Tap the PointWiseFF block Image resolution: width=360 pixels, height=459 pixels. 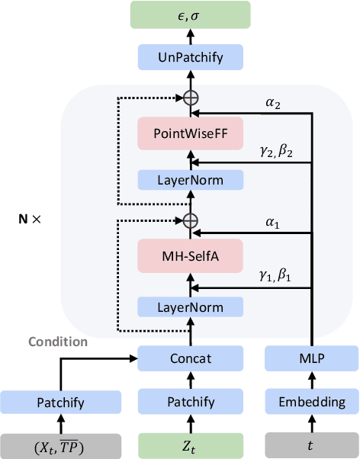point(190,134)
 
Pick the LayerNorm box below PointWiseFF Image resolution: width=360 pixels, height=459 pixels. point(190,179)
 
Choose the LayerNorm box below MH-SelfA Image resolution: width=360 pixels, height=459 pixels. point(190,307)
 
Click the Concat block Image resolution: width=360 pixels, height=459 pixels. point(190,357)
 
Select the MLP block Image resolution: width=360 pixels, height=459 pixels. point(311,357)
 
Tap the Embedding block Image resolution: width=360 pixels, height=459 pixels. point(311,402)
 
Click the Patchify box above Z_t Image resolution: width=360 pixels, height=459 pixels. point(190,402)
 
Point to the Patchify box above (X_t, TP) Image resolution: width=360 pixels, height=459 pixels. point(60,402)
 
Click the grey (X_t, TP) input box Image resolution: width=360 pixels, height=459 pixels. point(60,445)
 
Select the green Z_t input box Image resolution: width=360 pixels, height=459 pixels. point(190,445)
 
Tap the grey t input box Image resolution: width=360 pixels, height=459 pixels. point(311,445)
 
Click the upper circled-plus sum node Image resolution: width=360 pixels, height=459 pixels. point(190,98)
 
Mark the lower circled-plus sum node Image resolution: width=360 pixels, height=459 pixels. point(190,220)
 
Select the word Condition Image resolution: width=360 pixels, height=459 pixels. point(58,342)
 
